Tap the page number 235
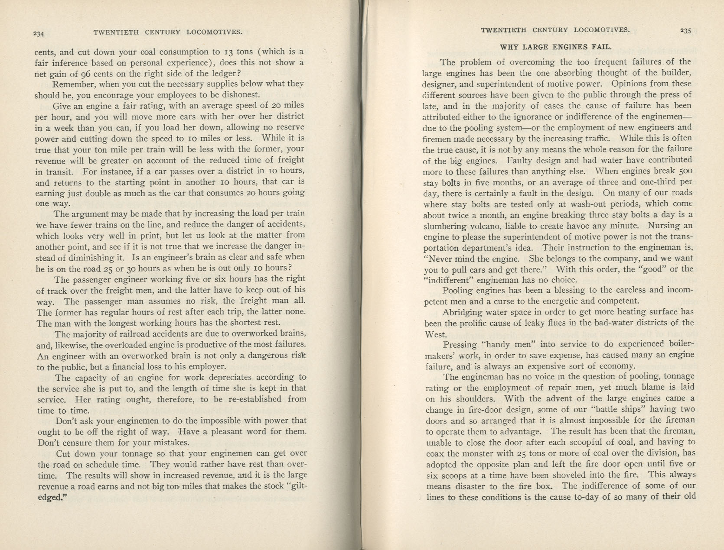point(685,30)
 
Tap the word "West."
point(436,334)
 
